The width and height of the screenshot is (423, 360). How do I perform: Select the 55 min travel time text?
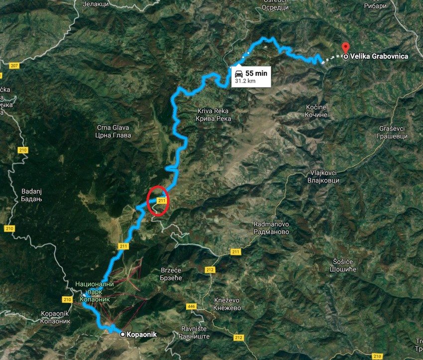click(256, 73)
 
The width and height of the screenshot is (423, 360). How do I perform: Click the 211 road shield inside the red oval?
click(160, 200)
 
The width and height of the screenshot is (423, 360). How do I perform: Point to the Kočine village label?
click(317, 111)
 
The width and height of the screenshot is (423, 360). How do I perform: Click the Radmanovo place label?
click(271, 228)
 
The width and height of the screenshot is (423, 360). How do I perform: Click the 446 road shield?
click(192, 306)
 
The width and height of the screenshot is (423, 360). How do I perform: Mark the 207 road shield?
click(14, 66)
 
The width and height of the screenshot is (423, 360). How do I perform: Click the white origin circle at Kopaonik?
click(123, 334)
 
